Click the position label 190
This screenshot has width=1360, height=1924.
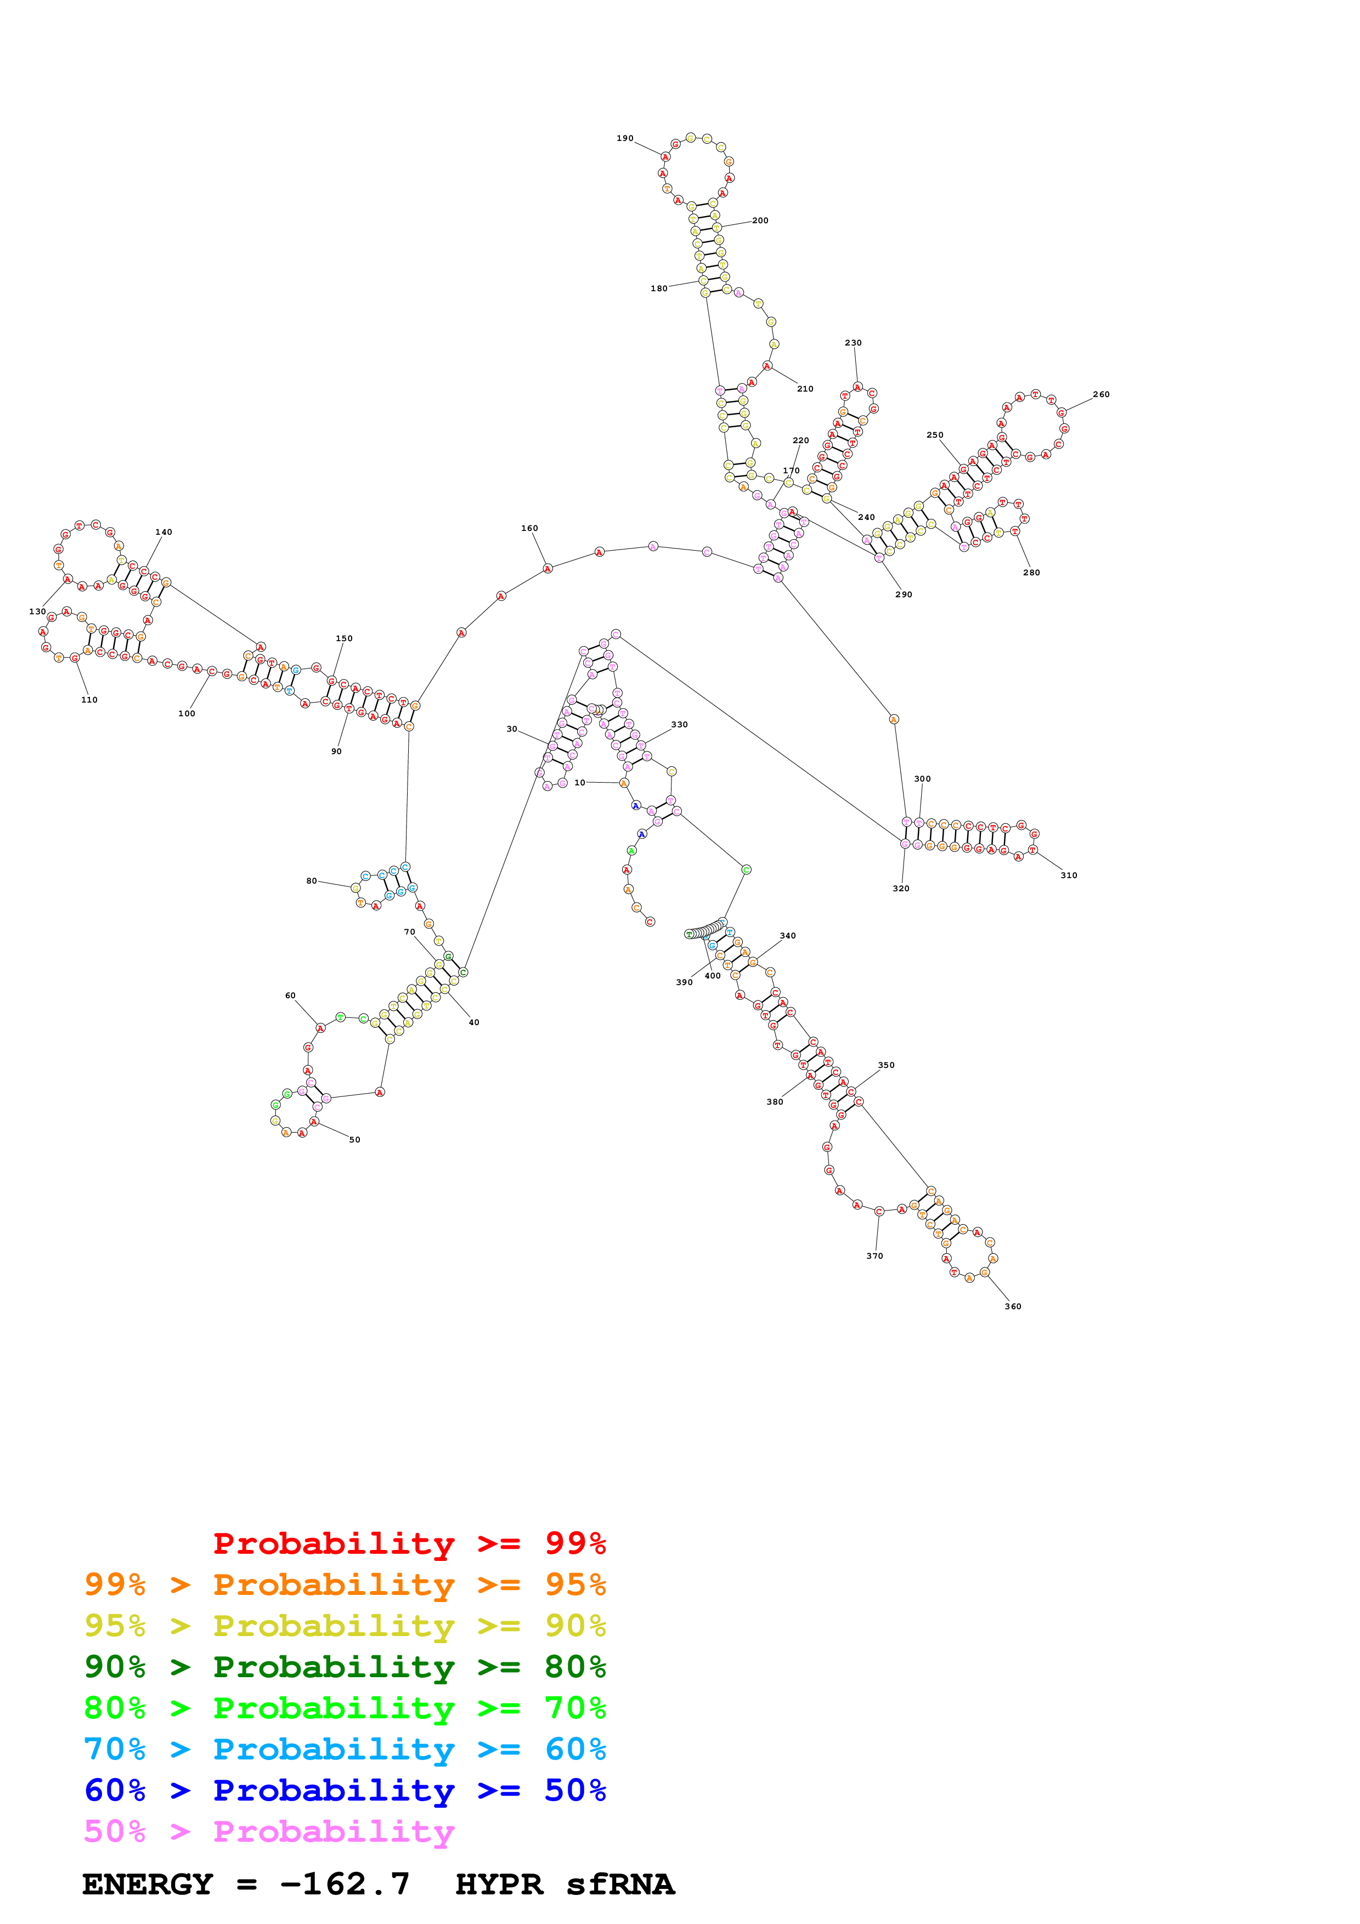pos(625,138)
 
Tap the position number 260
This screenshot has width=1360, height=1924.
pos(1101,394)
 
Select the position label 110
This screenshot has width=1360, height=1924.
pos(89,700)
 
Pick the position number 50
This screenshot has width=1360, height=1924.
pos(354,1140)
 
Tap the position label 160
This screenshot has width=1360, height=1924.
pos(529,528)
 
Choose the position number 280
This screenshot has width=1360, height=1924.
pos(1031,573)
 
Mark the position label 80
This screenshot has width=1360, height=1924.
pos(312,881)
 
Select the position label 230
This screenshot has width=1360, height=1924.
pos(853,343)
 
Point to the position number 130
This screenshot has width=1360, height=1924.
pos(38,611)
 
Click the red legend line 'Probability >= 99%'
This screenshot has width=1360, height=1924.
pos(409,1543)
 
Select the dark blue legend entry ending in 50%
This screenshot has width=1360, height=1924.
pos(345,1790)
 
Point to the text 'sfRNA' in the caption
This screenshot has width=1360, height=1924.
pos(620,1884)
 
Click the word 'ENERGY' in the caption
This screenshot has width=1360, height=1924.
pos(148,1884)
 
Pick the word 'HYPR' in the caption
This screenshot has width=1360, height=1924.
pos(499,1884)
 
